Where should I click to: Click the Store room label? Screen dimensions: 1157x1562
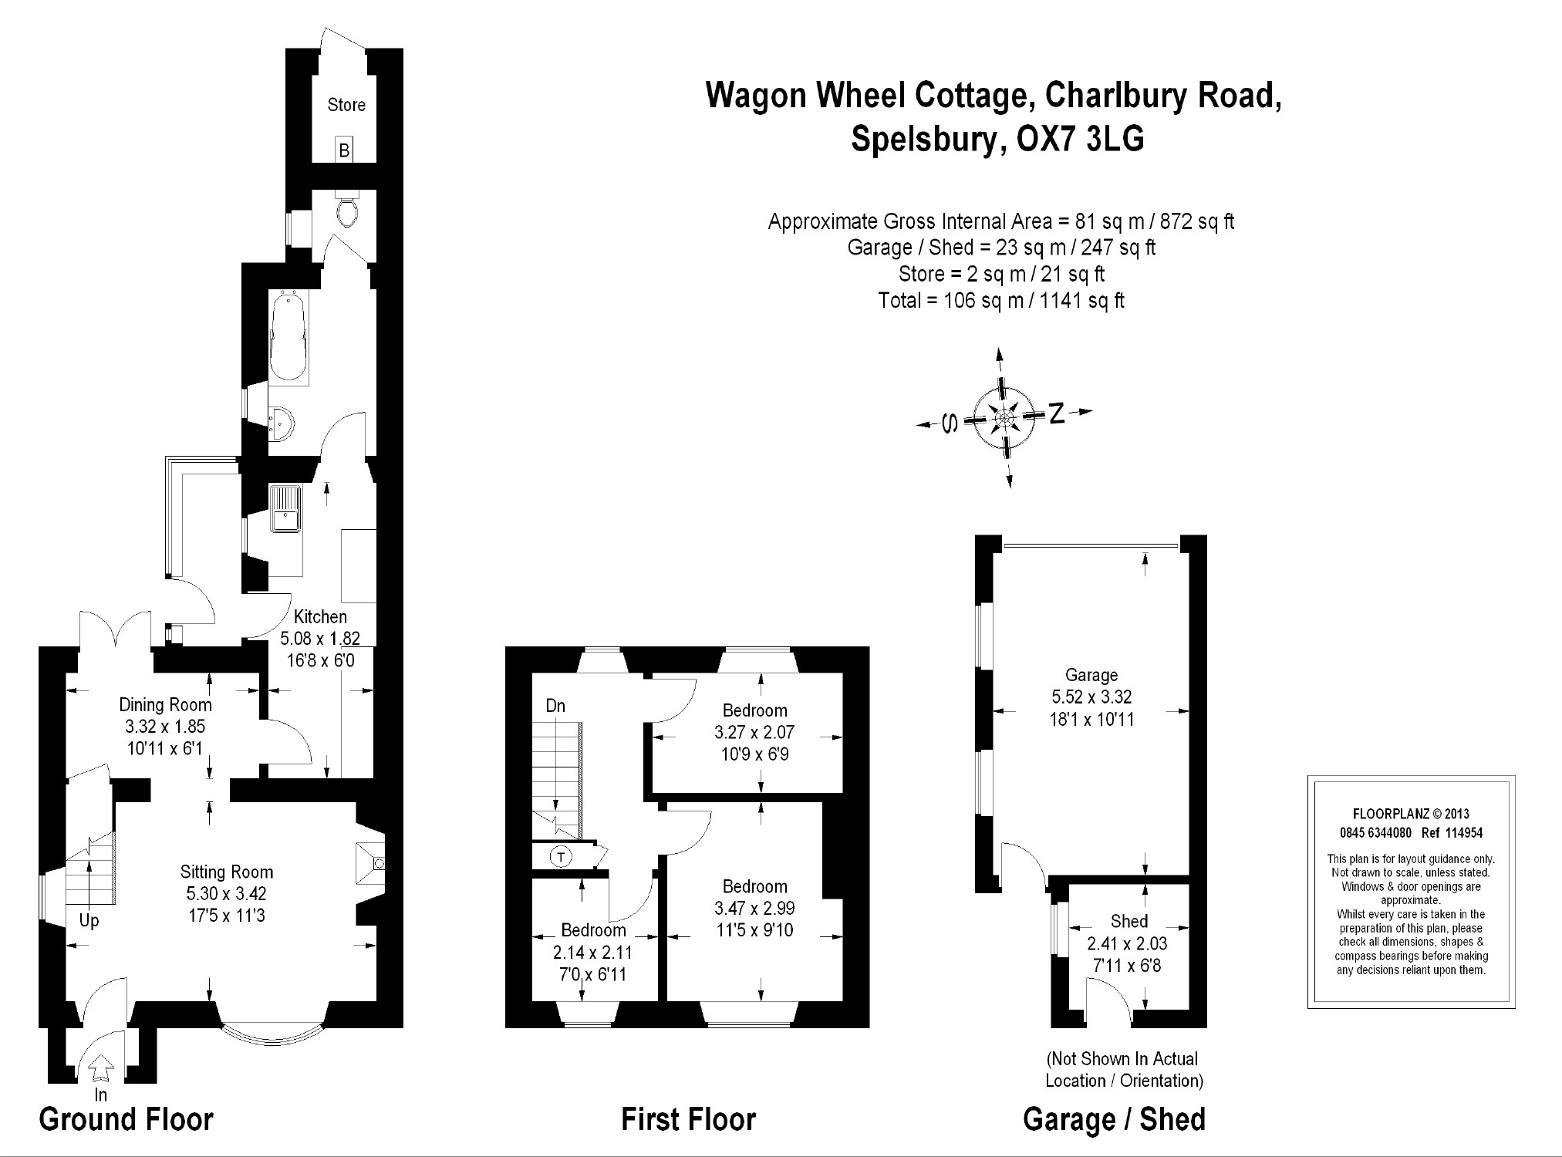click(346, 105)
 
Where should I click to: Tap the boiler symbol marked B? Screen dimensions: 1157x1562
click(344, 150)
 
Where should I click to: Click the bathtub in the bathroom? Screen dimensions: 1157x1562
click(288, 338)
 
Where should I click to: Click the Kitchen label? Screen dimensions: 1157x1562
click(321, 617)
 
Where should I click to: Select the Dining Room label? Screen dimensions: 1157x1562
click(165, 704)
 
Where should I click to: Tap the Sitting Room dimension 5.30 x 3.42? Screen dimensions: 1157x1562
click(226, 894)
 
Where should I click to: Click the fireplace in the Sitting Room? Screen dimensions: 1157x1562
click(371, 863)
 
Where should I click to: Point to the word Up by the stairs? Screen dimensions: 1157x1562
click(89, 921)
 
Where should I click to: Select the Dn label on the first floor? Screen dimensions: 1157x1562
click(555, 706)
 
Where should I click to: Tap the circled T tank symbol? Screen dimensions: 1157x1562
click(560, 857)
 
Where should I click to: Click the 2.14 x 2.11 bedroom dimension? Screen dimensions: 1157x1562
click(592, 953)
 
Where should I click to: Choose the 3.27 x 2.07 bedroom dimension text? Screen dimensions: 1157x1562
click(754, 732)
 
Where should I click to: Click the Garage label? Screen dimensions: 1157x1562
click(1091, 675)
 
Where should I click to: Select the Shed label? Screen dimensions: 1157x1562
click(1129, 921)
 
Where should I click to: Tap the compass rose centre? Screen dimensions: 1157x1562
click(1004, 417)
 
